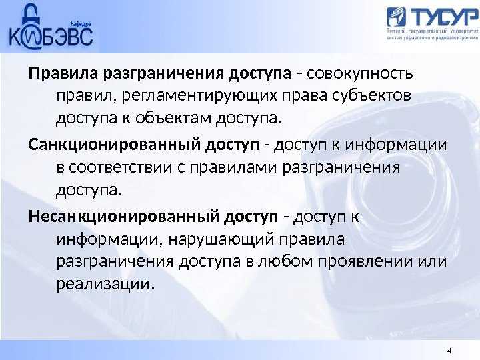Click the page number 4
tap(449, 351)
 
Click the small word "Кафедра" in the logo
tap(81, 23)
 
